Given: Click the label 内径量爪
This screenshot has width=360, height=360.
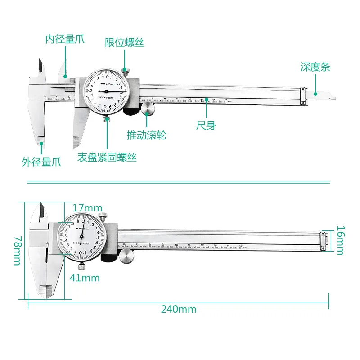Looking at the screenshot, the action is [64, 40].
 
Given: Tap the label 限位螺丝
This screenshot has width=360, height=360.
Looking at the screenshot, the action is [125, 43].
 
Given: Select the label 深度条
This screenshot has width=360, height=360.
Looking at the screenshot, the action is [315, 67].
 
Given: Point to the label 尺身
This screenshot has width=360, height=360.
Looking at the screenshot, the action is [206, 126].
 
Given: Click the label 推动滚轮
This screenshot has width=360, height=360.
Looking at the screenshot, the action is [146, 135].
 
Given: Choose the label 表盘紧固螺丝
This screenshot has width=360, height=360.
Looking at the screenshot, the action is [107, 157].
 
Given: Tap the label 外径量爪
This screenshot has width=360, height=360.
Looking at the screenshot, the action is [41, 162].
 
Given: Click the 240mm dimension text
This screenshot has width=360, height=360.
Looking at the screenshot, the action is [179, 310].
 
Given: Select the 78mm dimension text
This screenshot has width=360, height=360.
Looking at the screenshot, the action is [17, 251].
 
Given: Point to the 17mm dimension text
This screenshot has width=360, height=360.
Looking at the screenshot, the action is [87, 209].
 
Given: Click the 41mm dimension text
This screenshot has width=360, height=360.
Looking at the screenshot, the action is [85, 278].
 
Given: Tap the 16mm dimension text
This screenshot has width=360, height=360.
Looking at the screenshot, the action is [340, 240].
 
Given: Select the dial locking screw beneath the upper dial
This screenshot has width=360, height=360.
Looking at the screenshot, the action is [107, 119].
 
